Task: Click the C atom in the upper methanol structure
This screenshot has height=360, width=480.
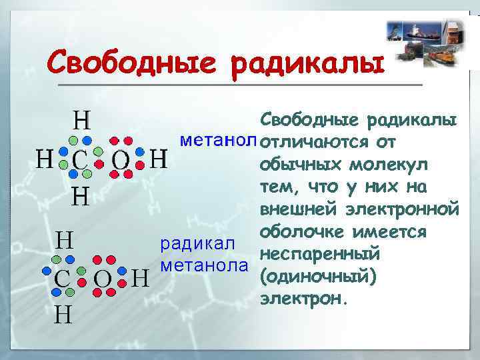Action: point(79,160)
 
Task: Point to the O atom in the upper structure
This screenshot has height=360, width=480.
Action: point(120,160)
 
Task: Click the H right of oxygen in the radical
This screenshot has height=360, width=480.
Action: point(139,277)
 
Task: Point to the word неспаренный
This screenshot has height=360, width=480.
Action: point(319,255)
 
